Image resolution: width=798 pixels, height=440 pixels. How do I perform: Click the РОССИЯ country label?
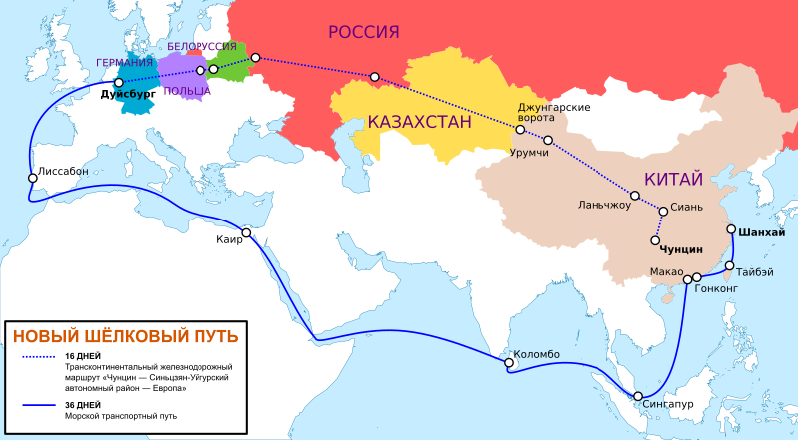pos(364,32)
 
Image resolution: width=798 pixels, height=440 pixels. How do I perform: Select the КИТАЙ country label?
pos(674,179)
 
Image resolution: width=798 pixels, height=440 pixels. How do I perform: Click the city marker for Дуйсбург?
pos(119,83)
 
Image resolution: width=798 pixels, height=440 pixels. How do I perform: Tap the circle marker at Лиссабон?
pos(33,178)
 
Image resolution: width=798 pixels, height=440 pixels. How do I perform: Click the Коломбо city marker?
pos(508,364)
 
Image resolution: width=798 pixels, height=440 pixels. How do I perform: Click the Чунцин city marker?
pos(655,240)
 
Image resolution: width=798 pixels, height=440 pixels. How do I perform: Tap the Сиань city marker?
pos(663,211)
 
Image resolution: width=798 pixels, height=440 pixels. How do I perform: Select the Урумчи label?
pos(529,153)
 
